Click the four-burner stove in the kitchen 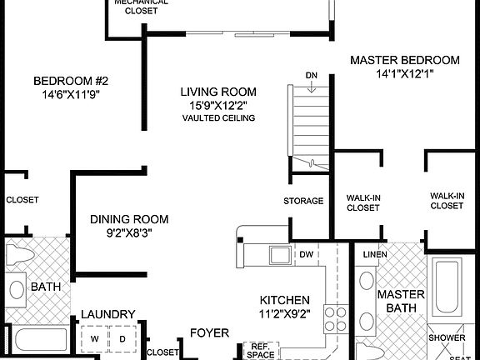coord(334,318)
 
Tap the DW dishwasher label coord(306,254)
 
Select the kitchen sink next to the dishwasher coord(277,253)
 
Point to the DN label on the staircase coord(311,76)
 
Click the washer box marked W coord(94,339)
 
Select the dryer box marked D coord(122,339)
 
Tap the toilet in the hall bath coord(18,255)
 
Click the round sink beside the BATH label coord(16,290)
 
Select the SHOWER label coord(447,338)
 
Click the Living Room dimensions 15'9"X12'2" coord(219,106)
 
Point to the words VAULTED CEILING coord(219,118)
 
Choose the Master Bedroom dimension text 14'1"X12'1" coord(404,74)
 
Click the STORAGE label coord(302,201)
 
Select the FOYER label coord(209,332)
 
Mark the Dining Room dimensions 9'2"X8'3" coord(129,233)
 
